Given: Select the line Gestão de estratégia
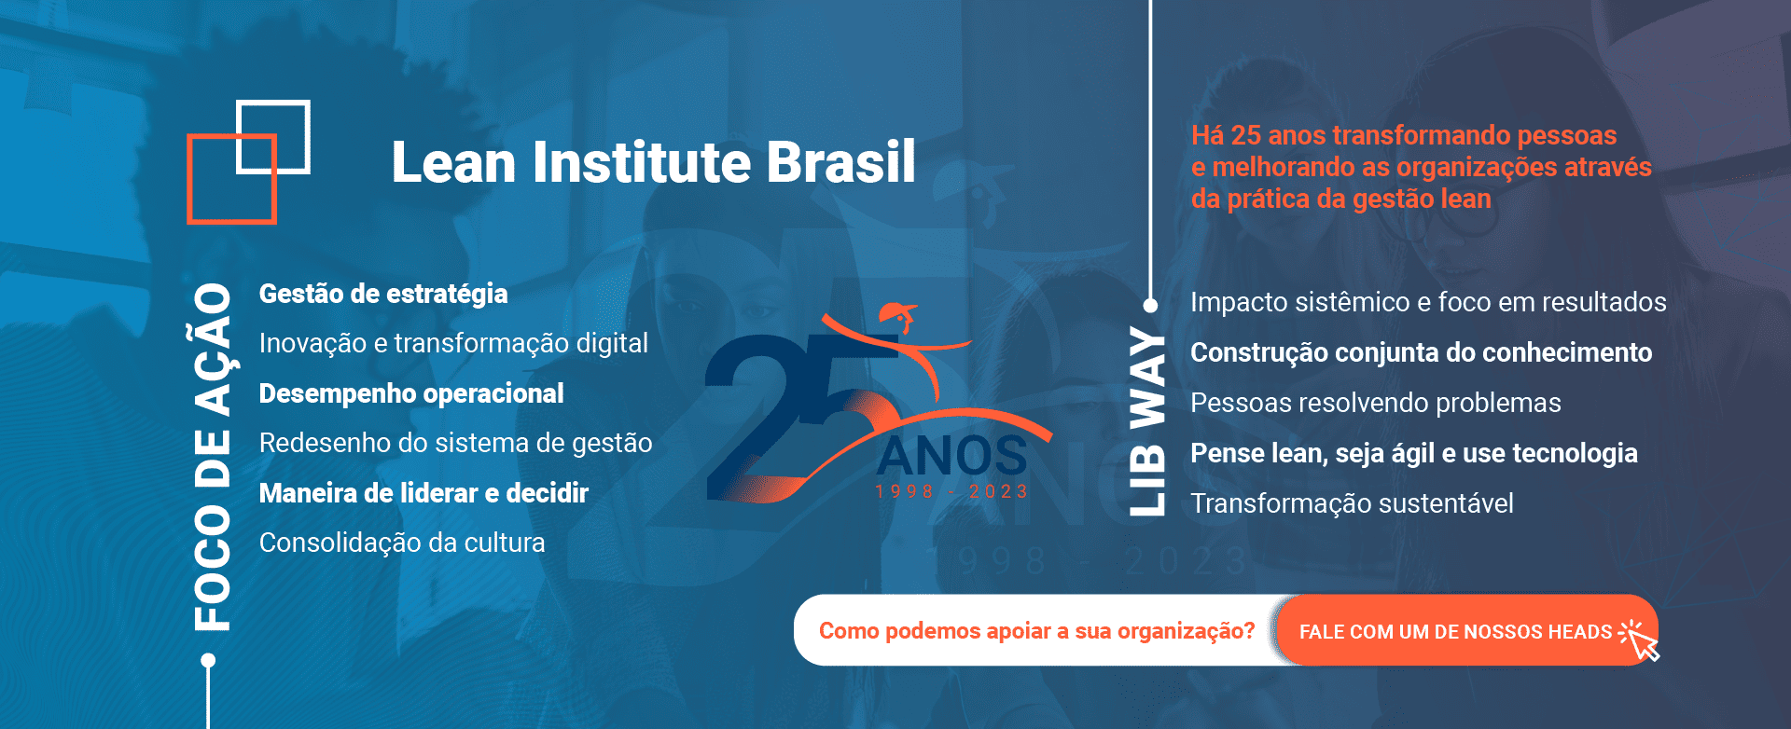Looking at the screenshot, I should tap(383, 294).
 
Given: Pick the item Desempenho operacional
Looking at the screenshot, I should tap(411, 393).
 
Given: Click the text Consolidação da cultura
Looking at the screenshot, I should tap(402, 543).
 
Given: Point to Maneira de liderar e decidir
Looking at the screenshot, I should tap(423, 493).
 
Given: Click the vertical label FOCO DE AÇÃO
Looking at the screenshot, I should tap(213, 457).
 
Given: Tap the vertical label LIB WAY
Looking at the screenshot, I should tap(1147, 421).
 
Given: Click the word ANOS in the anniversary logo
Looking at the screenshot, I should tap(951, 457).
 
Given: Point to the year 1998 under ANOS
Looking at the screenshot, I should tap(904, 491).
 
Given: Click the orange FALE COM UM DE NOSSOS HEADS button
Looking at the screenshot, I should tap(1455, 631).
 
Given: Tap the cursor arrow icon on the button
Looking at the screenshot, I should tap(1643, 641).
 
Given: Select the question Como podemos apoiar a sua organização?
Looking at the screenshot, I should tap(1036, 631).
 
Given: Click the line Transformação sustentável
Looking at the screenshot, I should tap(1352, 503).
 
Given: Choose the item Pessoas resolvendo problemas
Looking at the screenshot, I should tap(1375, 403).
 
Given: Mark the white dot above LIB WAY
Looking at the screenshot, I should tap(1151, 305).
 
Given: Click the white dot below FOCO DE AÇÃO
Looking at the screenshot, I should tap(208, 660).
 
